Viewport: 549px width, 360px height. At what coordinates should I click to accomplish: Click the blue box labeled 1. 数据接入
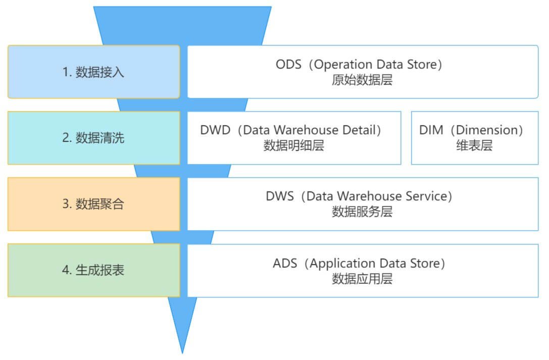94,72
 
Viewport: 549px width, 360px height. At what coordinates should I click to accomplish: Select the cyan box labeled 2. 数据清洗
94,138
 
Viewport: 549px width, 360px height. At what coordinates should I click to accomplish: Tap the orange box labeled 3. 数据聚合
94,204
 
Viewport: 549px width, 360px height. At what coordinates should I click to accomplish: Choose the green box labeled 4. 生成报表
94,270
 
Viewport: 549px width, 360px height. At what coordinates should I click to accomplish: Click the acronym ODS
288,64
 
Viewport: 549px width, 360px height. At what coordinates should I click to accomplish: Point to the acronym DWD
215,130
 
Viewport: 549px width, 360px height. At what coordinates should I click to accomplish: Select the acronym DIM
431,130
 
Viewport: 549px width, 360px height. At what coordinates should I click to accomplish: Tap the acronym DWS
280,196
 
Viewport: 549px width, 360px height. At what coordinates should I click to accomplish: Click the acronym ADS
285,263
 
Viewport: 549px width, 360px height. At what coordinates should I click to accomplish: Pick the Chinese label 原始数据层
362,80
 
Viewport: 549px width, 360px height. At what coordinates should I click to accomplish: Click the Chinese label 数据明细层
294,145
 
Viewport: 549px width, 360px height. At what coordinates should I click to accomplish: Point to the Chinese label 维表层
474,145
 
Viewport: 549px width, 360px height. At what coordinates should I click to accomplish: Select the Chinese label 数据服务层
362,212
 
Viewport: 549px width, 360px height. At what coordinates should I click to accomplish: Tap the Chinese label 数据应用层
362,279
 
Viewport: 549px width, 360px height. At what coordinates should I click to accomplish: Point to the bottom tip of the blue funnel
182,353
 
